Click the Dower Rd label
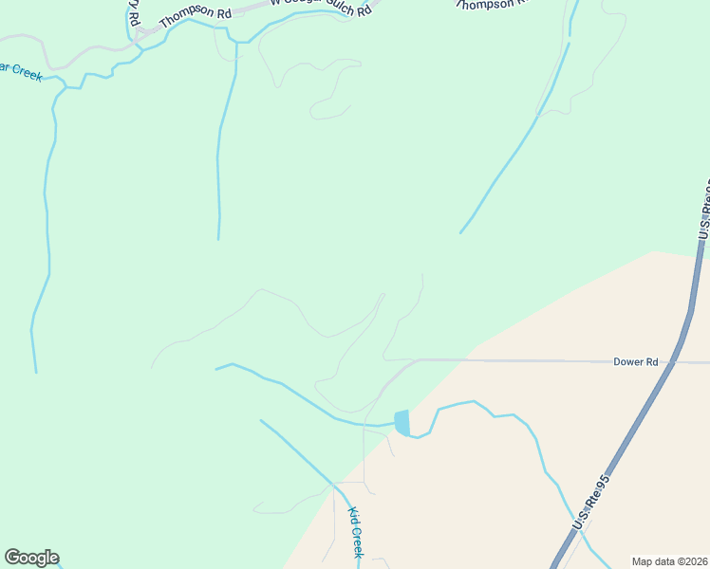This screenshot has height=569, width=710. [635, 361]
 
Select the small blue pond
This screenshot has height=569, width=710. [402, 422]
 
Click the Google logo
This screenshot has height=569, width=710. [31, 558]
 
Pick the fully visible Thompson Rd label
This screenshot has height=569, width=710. [195, 12]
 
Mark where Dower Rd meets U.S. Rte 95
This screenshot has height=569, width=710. [676, 361]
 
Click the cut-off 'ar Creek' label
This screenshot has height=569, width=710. [21, 70]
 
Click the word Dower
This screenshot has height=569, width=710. [628, 361]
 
